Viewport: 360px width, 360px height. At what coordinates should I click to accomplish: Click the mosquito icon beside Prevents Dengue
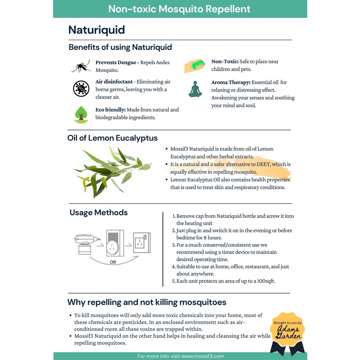click(x=81, y=66)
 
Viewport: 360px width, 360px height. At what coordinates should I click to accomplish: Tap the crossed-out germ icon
click(x=81, y=89)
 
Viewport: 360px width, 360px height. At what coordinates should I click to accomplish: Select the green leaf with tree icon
click(x=81, y=114)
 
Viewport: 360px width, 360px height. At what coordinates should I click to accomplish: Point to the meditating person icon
click(x=195, y=89)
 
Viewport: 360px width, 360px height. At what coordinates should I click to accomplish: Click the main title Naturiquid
click(x=97, y=30)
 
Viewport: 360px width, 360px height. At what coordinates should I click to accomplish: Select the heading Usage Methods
click(x=98, y=213)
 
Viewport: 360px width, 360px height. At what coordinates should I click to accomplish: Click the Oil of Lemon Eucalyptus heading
click(x=112, y=138)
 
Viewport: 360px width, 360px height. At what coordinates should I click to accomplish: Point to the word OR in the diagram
click(x=113, y=262)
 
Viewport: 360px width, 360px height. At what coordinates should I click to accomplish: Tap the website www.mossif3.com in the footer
click(x=203, y=356)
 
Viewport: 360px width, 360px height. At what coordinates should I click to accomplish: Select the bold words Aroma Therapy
click(x=231, y=82)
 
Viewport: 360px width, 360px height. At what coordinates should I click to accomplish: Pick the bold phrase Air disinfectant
click(x=114, y=82)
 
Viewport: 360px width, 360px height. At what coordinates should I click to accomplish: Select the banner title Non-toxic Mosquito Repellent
click(x=179, y=9)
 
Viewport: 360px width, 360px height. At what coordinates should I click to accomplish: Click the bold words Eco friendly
click(x=110, y=110)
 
